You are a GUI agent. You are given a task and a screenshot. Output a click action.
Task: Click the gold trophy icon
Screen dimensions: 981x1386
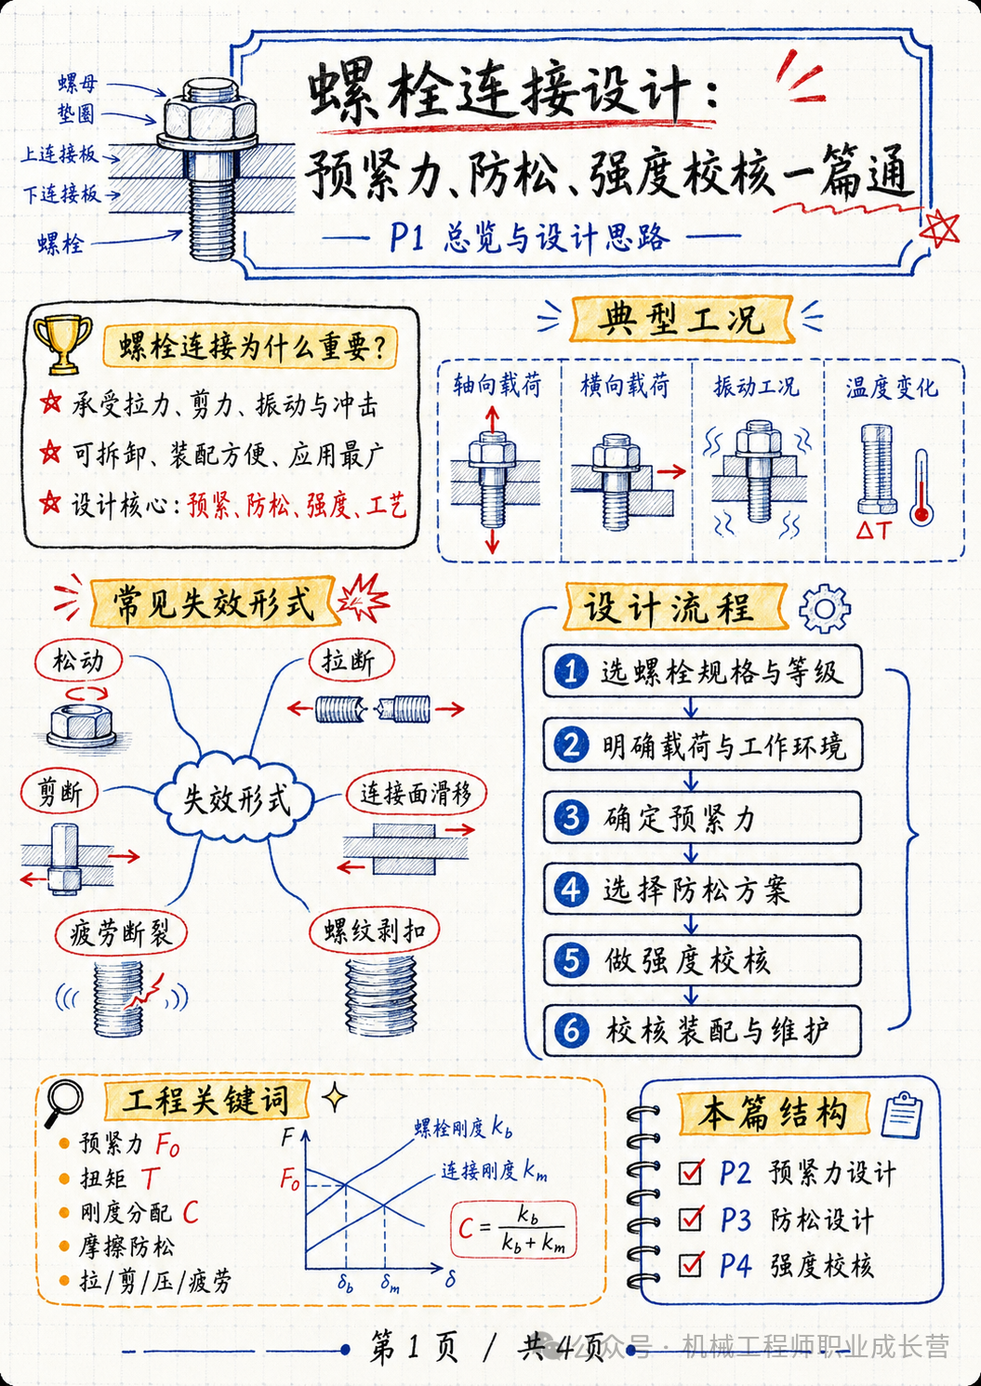point(62,345)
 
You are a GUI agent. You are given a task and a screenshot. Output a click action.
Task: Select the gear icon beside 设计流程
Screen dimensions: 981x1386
point(825,609)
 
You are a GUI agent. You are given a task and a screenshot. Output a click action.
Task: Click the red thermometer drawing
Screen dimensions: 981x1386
point(921,488)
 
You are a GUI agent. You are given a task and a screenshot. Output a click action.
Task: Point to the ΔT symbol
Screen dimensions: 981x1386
point(874,530)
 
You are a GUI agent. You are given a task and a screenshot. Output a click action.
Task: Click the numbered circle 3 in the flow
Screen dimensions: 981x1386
point(571,817)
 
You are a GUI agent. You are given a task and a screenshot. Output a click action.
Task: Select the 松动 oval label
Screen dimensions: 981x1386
point(78,662)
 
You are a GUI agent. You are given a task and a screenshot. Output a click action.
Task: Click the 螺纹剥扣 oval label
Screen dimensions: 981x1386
point(375,930)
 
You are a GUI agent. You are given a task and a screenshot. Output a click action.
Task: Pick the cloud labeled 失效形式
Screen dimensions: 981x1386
point(235,799)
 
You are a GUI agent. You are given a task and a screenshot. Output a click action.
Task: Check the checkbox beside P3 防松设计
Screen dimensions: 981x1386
point(691,1219)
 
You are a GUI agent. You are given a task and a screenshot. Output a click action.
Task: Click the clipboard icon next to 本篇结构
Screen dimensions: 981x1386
point(902,1115)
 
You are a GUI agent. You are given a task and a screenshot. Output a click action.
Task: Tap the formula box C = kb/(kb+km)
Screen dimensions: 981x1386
point(513,1229)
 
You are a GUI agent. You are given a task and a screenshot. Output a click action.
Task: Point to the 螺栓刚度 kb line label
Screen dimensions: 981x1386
point(463,1129)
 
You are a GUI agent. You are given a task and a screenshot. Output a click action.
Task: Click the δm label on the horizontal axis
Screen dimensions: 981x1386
point(390,1283)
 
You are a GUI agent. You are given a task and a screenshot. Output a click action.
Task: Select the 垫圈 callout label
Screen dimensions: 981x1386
point(76,113)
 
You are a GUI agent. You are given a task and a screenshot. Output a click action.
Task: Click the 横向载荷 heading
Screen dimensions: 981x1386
point(625,386)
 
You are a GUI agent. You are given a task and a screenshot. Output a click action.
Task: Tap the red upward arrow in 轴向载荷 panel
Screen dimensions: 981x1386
point(492,420)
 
